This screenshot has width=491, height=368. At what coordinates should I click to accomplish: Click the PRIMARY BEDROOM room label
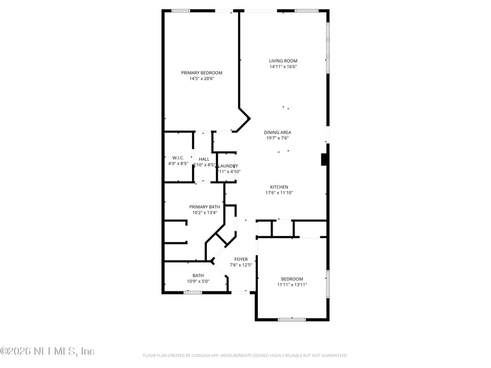[x=201, y=72]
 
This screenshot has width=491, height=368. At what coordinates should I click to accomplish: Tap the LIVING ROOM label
[x=283, y=61]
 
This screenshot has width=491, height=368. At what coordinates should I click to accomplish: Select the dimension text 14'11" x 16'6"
[x=283, y=67]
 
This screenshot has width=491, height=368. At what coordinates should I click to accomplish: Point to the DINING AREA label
[x=277, y=132]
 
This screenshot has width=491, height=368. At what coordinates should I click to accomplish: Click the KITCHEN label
[x=279, y=187]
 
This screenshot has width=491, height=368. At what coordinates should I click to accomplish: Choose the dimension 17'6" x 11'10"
[x=279, y=193]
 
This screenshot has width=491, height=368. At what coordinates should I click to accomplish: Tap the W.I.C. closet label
[x=178, y=158]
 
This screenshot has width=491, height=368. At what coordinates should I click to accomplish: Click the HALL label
[x=204, y=159]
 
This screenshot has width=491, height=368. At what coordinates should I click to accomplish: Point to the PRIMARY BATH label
[x=204, y=207]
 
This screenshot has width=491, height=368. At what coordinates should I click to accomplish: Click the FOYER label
[x=241, y=259]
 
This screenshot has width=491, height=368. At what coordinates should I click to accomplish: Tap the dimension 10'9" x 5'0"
[x=198, y=282]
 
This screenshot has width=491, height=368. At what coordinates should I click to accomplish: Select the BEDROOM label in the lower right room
[x=292, y=279]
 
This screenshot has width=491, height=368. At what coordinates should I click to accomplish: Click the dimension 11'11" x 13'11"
[x=292, y=285]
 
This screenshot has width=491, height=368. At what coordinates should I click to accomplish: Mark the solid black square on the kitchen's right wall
[x=324, y=159]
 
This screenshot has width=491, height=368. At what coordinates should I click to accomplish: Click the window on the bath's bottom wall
[x=193, y=293]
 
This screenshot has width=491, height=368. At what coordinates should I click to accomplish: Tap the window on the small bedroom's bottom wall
[x=292, y=319]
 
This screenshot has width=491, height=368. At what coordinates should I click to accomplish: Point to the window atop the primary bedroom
[x=180, y=10]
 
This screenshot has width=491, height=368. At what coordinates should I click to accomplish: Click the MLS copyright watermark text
[x=47, y=351]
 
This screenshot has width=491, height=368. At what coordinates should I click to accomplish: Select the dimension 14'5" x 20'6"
[x=201, y=79]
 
